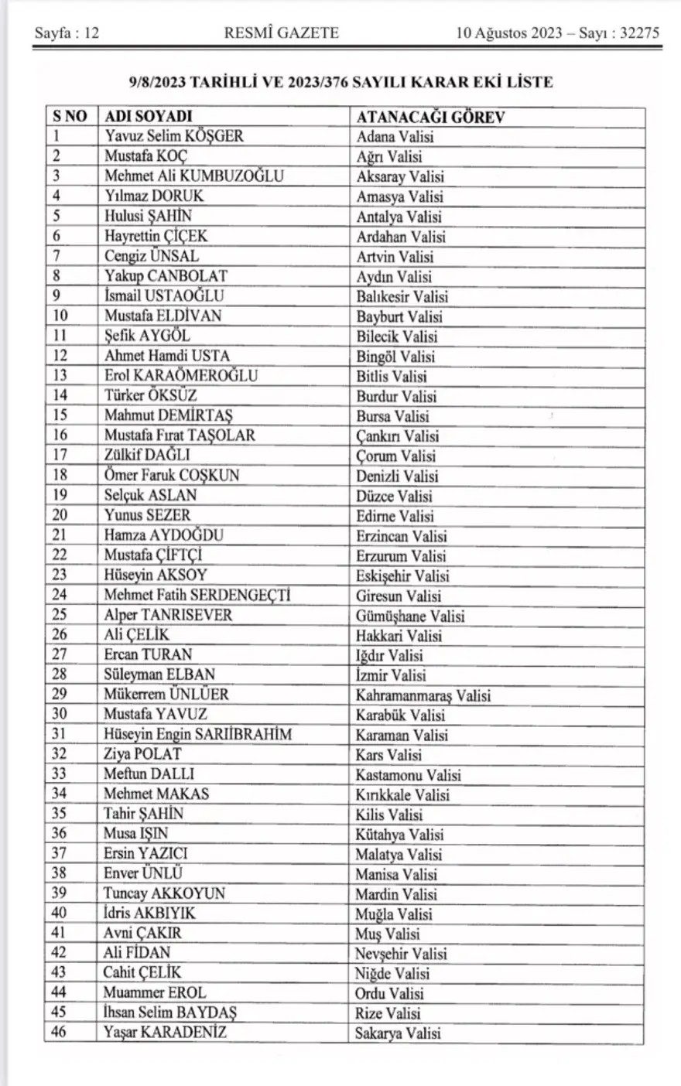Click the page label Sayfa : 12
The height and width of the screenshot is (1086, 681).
point(67,33)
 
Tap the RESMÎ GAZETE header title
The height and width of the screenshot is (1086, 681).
point(282,33)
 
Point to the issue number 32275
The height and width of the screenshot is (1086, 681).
point(635,33)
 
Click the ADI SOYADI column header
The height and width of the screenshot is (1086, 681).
point(148,117)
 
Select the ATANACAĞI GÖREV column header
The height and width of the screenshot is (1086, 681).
point(430,118)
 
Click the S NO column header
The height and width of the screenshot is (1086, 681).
point(70,117)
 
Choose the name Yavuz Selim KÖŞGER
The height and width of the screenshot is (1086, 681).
point(174,137)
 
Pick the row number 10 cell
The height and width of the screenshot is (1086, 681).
point(60,316)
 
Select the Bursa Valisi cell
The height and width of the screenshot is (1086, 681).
point(392,416)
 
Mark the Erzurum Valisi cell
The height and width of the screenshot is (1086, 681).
point(401,556)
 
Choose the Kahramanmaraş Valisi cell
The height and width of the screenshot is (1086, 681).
point(423,695)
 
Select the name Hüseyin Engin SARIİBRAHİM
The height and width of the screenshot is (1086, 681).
point(198,735)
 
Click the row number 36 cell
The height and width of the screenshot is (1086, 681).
point(60,834)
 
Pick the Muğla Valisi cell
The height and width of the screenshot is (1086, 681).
point(393,914)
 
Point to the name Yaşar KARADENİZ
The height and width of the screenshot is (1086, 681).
point(165,1033)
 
